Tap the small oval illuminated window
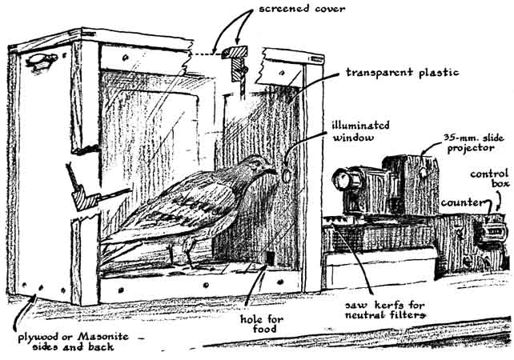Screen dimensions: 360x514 [x=284, y=171]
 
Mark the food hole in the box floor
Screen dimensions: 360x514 [x=271, y=258]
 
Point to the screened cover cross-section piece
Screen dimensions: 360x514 [x=236, y=56]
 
